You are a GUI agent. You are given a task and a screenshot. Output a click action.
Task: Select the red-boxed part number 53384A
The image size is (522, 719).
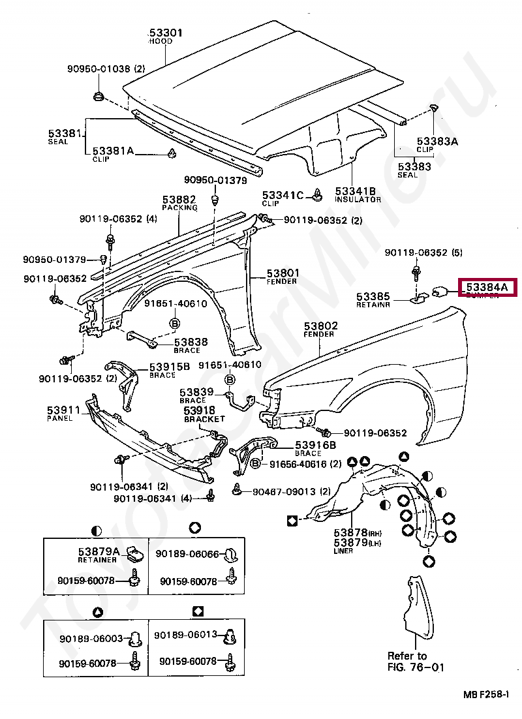[487, 286]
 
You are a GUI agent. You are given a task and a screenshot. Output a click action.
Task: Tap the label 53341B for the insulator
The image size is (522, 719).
[356, 191]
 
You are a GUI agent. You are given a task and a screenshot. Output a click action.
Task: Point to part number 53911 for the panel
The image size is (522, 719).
[63, 410]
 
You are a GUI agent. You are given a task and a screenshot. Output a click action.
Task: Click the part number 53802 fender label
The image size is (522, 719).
[320, 325]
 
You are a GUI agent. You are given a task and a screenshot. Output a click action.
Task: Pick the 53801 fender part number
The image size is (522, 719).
[283, 273]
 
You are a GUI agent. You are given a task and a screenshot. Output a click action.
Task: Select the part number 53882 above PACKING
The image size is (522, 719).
[179, 199]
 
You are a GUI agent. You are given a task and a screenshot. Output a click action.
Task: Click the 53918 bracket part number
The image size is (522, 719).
[200, 410]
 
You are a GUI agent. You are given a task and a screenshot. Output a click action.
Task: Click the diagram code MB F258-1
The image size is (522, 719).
[487, 696]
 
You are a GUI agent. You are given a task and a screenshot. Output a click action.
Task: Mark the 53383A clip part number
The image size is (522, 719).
[437, 141]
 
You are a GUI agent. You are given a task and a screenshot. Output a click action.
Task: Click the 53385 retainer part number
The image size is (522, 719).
[373, 296]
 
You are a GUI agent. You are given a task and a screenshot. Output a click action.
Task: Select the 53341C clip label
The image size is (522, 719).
[283, 194]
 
